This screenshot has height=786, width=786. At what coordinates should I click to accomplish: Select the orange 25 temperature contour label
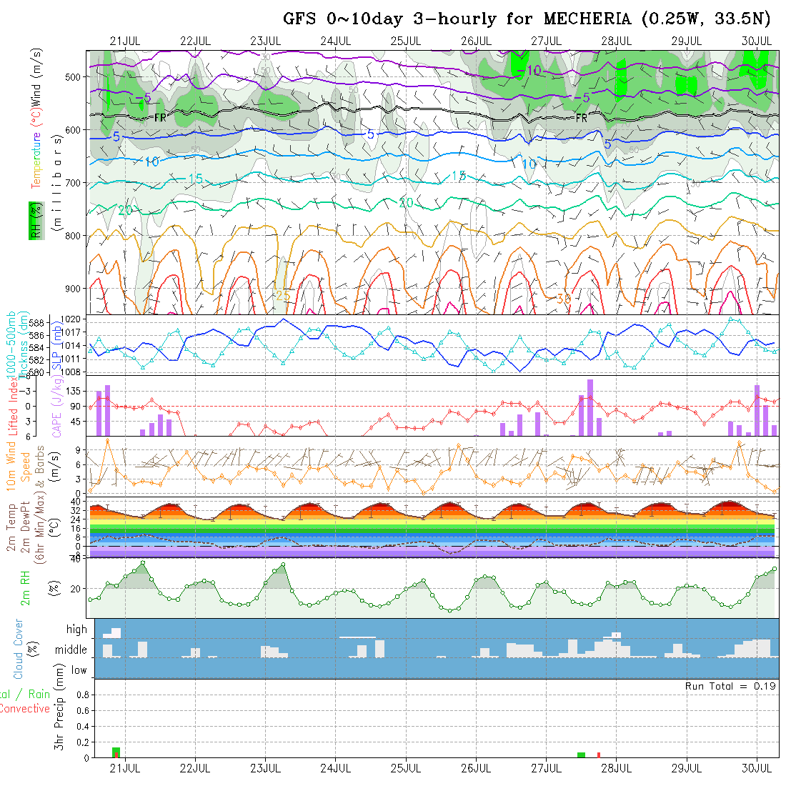coord(283,295)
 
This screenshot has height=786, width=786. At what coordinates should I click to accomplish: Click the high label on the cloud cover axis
coord(76,630)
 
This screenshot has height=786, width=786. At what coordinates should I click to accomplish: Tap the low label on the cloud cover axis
coord(79,670)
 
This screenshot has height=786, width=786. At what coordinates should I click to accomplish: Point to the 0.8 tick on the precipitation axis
coord(81,695)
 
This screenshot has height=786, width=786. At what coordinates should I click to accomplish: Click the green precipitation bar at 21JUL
coord(116,752)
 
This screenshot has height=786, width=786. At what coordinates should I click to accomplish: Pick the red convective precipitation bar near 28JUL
coord(599,755)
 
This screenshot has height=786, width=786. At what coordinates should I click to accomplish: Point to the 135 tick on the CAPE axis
coord(74,392)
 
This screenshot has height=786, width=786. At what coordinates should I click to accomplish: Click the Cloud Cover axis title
coord(19,649)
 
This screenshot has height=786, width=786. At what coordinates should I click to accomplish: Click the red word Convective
coord(24,709)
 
